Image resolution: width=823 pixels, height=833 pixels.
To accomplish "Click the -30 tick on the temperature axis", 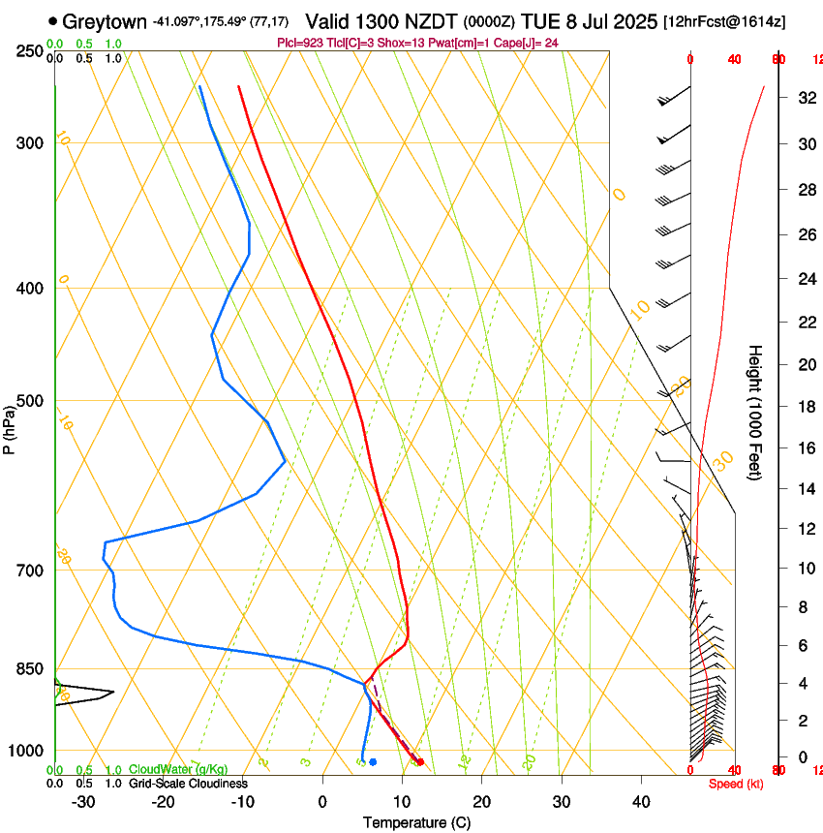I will tap(83, 802).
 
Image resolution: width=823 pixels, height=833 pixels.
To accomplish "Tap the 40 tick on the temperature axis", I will tap(641, 802).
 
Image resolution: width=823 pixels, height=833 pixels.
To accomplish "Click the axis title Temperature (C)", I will tap(416, 822).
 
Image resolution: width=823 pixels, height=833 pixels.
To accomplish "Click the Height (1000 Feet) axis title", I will tap(756, 413).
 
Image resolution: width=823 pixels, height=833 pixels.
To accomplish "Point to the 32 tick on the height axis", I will tap(806, 98).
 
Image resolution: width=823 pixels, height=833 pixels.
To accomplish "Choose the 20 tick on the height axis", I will tap(806, 364).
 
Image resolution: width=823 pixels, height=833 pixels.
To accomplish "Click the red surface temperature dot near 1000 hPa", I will tap(419, 762).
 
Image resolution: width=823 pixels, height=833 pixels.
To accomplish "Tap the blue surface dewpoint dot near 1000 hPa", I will tap(373, 762).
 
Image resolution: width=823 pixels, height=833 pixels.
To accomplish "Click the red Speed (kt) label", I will tap(735, 784).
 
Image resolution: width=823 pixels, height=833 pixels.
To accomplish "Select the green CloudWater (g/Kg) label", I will tap(179, 770).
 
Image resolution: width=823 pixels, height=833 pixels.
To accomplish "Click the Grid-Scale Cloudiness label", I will tap(188, 784).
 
